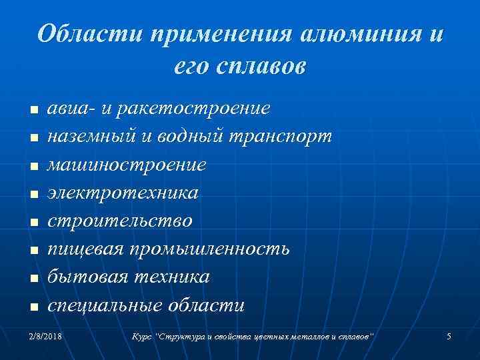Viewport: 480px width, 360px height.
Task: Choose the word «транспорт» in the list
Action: click(x=281, y=137)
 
